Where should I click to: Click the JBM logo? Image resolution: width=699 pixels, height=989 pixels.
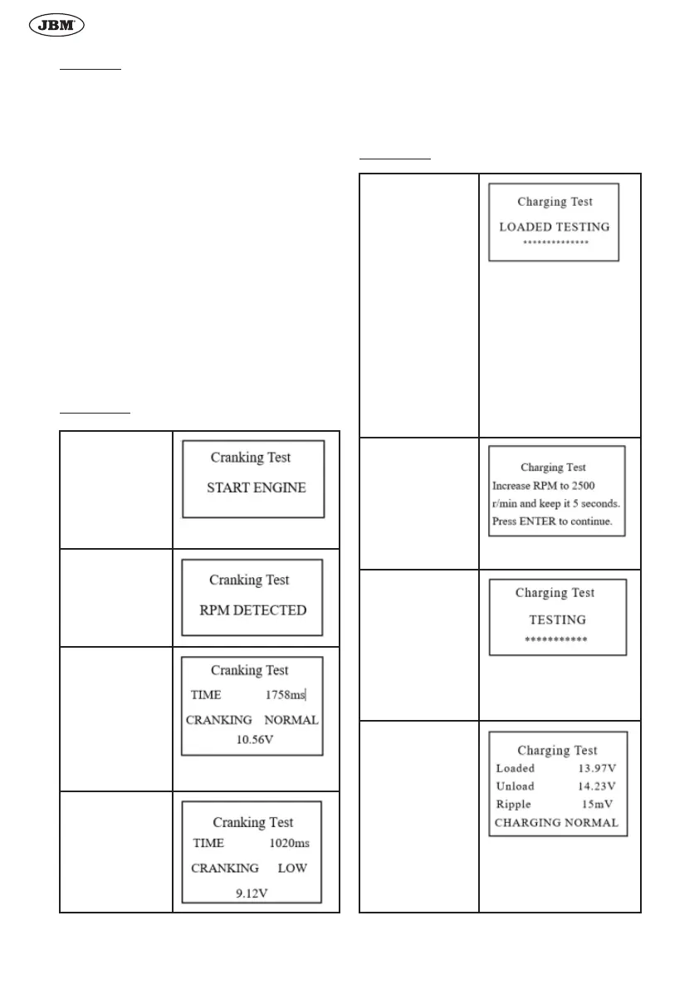click(x=57, y=27)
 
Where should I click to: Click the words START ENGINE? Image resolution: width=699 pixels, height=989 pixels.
click(x=256, y=487)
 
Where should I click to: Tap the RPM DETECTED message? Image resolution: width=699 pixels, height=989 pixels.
click(x=253, y=610)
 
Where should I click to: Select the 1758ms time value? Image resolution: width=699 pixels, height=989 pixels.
click(x=286, y=695)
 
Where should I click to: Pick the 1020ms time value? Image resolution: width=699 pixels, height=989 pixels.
click(x=289, y=843)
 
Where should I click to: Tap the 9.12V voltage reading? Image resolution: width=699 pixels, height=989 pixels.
click(x=253, y=893)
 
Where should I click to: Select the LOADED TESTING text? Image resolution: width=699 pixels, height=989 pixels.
click(x=554, y=227)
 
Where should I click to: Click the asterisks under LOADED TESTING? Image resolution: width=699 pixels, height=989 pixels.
click(x=555, y=243)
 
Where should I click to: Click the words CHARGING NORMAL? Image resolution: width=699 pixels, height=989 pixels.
click(x=556, y=822)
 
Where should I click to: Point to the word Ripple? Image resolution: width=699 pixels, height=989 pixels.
click(x=513, y=804)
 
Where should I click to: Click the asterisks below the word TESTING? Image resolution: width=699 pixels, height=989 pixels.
click(x=556, y=640)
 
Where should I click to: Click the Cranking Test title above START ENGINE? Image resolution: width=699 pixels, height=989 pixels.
click(x=251, y=458)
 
